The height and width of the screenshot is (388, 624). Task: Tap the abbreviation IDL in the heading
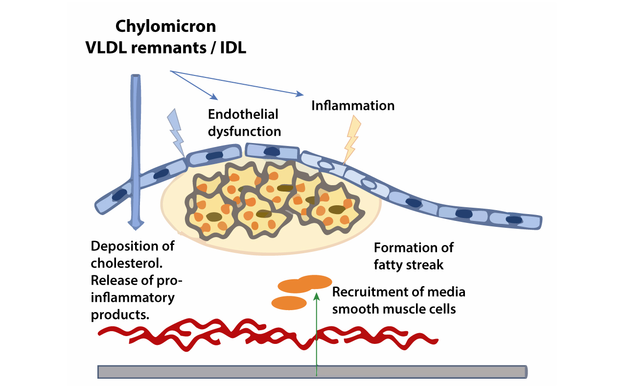click(233, 48)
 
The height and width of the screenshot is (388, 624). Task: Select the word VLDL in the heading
click(106, 48)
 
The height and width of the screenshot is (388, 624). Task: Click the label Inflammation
click(353, 106)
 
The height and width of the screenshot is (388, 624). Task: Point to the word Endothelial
click(243, 114)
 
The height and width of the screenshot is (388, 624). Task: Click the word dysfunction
click(244, 132)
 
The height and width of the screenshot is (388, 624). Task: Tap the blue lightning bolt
click(176, 133)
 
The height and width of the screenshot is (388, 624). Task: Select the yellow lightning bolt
click(352, 140)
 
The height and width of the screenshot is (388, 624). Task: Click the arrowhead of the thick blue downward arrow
click(136, 225)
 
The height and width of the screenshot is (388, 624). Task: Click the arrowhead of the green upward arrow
click(317, 296)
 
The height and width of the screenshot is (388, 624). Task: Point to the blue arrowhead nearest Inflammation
click(300, 94)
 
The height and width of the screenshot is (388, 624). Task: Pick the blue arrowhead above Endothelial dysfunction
click(214, 97)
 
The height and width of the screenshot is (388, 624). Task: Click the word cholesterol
click(127, 263)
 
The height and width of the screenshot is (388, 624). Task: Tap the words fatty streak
click(408, 265)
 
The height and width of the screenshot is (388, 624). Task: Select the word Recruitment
click(370, 292)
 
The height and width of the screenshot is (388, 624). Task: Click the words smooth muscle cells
click(394, 309)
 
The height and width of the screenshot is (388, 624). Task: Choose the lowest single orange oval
click(289, 303)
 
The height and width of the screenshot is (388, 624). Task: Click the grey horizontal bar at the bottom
click(312, 372)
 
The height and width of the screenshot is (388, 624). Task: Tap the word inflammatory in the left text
click(133, 298)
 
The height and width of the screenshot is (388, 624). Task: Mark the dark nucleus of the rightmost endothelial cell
click(514, 220)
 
